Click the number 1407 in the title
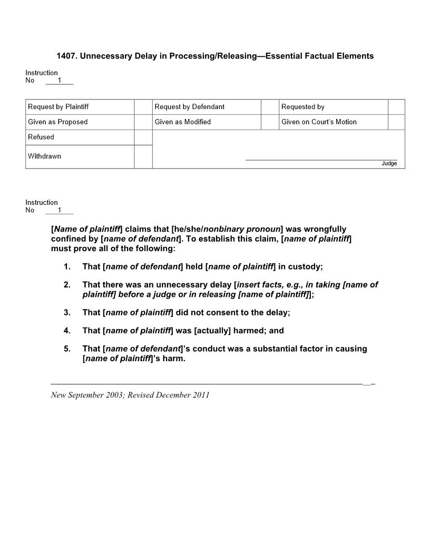[x=66, y=56]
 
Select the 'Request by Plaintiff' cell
[x=58, y=107]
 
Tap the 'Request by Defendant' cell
[x=190, y=107]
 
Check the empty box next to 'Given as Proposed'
[x=143, y=122]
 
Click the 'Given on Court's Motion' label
[x=319, y=122]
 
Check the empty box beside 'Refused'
[x=143, y=137]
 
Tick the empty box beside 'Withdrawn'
[x=143, y=156]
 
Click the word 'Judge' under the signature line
[x=389, y=164]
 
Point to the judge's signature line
[x=321, y=159]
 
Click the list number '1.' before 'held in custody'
[x=67, y=266]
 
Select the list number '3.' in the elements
[x=67, y=312]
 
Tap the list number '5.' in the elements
[x=67, y=349]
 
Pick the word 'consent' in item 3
[x=222, y=312]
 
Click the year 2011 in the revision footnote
[x=201, y=395]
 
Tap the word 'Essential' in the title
[x=284, y=56]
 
